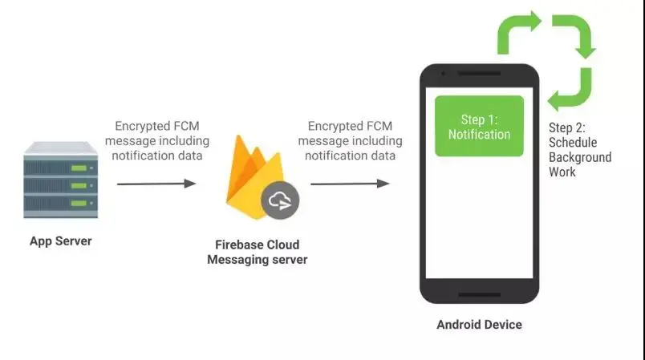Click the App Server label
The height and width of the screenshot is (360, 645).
(x=60, y=241)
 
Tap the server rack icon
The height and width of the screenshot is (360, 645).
(x=61, y=184)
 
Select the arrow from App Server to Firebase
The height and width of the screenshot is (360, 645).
(x=156, y=184)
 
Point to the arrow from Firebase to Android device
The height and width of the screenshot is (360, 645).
(x=350, y=184)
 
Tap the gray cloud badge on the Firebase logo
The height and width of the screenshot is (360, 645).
(x=280, y=201)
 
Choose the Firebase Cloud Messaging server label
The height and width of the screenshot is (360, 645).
(x=257, y=252)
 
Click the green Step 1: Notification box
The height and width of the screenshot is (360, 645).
(x=479, y=126)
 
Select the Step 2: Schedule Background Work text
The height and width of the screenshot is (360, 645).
(x=580, y=149)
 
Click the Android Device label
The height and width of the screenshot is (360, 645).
(x=479, y=325)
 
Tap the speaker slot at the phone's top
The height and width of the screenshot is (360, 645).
(x=479, y=76)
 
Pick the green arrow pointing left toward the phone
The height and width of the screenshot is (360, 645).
(x=570, y=93)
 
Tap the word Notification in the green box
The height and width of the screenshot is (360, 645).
(x=479, y=134)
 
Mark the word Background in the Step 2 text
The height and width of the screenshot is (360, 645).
(x=580, y=157)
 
